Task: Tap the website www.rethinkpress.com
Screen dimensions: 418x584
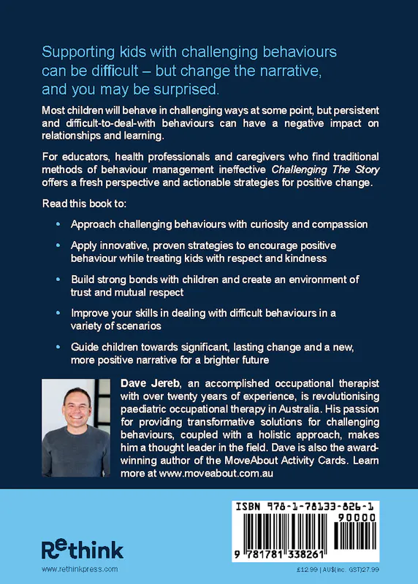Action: [x=80, y=569]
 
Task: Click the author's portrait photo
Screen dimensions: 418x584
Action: [x=76, y=427]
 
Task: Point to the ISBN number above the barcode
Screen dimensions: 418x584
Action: [x=317, y=504]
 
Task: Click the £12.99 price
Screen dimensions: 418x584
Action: [x=302, y=569]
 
